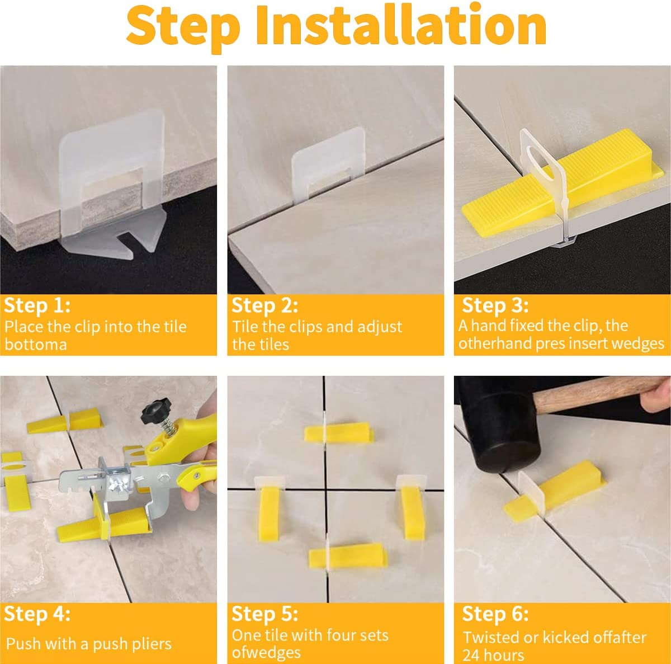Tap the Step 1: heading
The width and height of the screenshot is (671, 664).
37,306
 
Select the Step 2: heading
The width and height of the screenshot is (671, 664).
264,306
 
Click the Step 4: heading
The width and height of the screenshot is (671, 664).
37,614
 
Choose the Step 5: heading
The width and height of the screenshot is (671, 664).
264,614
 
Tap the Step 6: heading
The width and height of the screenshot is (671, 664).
495,614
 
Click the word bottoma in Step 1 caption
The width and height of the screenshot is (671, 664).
36,344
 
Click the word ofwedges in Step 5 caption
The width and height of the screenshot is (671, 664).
266,653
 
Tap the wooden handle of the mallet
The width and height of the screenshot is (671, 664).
593,394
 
